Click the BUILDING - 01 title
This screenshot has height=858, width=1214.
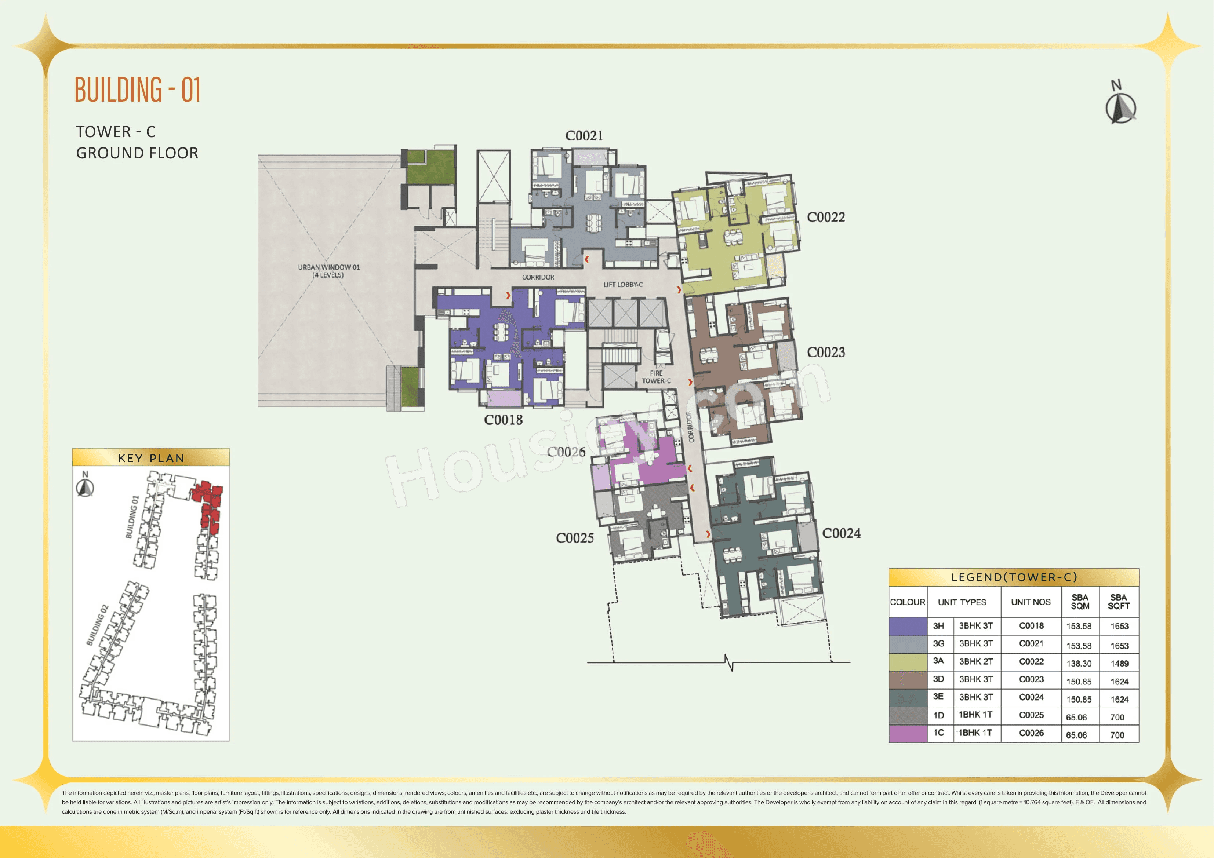pos(138,90)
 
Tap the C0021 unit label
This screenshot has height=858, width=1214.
pos(584,136)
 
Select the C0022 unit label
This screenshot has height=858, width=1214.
pos(825,217)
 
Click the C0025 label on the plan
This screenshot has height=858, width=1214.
pos(575,538)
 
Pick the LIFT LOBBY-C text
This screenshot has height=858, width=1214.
pos(623,284)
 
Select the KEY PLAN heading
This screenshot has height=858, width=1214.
pos(151,458)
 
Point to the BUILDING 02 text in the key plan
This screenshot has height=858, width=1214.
pos(97,625)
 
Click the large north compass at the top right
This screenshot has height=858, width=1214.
pos(1120,107)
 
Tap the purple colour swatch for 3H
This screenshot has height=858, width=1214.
pos(908,626)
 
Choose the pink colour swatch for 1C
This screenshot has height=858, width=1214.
pos(908,733)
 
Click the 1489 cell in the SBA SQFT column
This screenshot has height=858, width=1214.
pos(1119,664)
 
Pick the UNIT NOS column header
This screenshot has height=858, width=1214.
pos(1031,602)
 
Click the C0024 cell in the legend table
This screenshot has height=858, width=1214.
pos(1031,697)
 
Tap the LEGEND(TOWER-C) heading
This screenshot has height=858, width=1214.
pos(1014,577)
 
